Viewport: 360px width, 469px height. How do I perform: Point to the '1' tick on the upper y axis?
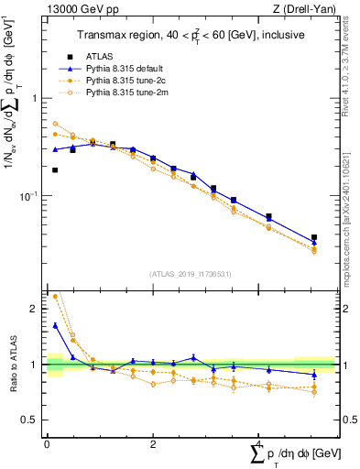pos(38,98)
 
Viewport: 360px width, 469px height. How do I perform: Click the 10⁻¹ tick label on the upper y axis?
pos(33,196)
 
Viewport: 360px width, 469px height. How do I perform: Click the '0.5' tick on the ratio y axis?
pos(33,420)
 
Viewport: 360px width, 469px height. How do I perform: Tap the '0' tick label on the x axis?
pos(47,444)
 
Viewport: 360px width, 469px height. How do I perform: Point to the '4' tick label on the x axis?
pos(259,444)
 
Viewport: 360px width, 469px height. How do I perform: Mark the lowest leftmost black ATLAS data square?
pos(55,169)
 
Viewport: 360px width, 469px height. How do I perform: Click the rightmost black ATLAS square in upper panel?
pos(314,237)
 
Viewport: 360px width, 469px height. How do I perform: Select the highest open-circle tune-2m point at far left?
pos(55,124)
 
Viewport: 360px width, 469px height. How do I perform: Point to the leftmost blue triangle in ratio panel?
pos(55,325)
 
